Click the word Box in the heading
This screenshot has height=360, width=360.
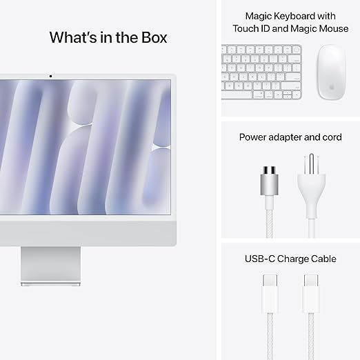click(x=149, y=37)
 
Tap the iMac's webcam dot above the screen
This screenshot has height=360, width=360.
click(x=50, y=75)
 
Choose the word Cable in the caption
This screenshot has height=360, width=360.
click(x=323, y=259)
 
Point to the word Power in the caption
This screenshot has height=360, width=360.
click(x=252, y=137)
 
